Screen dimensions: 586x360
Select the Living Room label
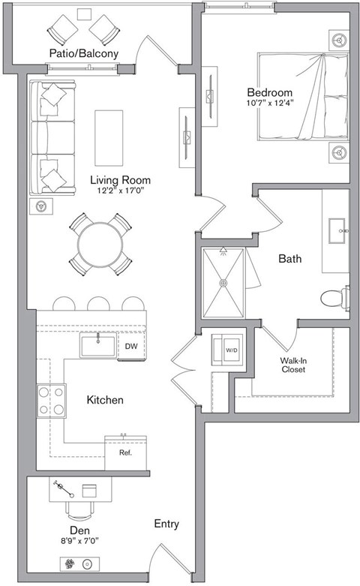pos(120,180)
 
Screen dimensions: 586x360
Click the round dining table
pos(100,244)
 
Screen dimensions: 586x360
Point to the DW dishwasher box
pos(130,347)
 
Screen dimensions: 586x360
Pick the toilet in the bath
pos(334,299)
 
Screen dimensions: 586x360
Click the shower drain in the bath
pos(223,283)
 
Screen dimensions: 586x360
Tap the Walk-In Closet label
pos(293,364)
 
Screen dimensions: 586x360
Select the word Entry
pos(166,524)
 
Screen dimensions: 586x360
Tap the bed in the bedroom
pos(304,96)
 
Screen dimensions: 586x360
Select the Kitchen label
pos(105,401)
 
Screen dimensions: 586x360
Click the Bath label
pos(289,259)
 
